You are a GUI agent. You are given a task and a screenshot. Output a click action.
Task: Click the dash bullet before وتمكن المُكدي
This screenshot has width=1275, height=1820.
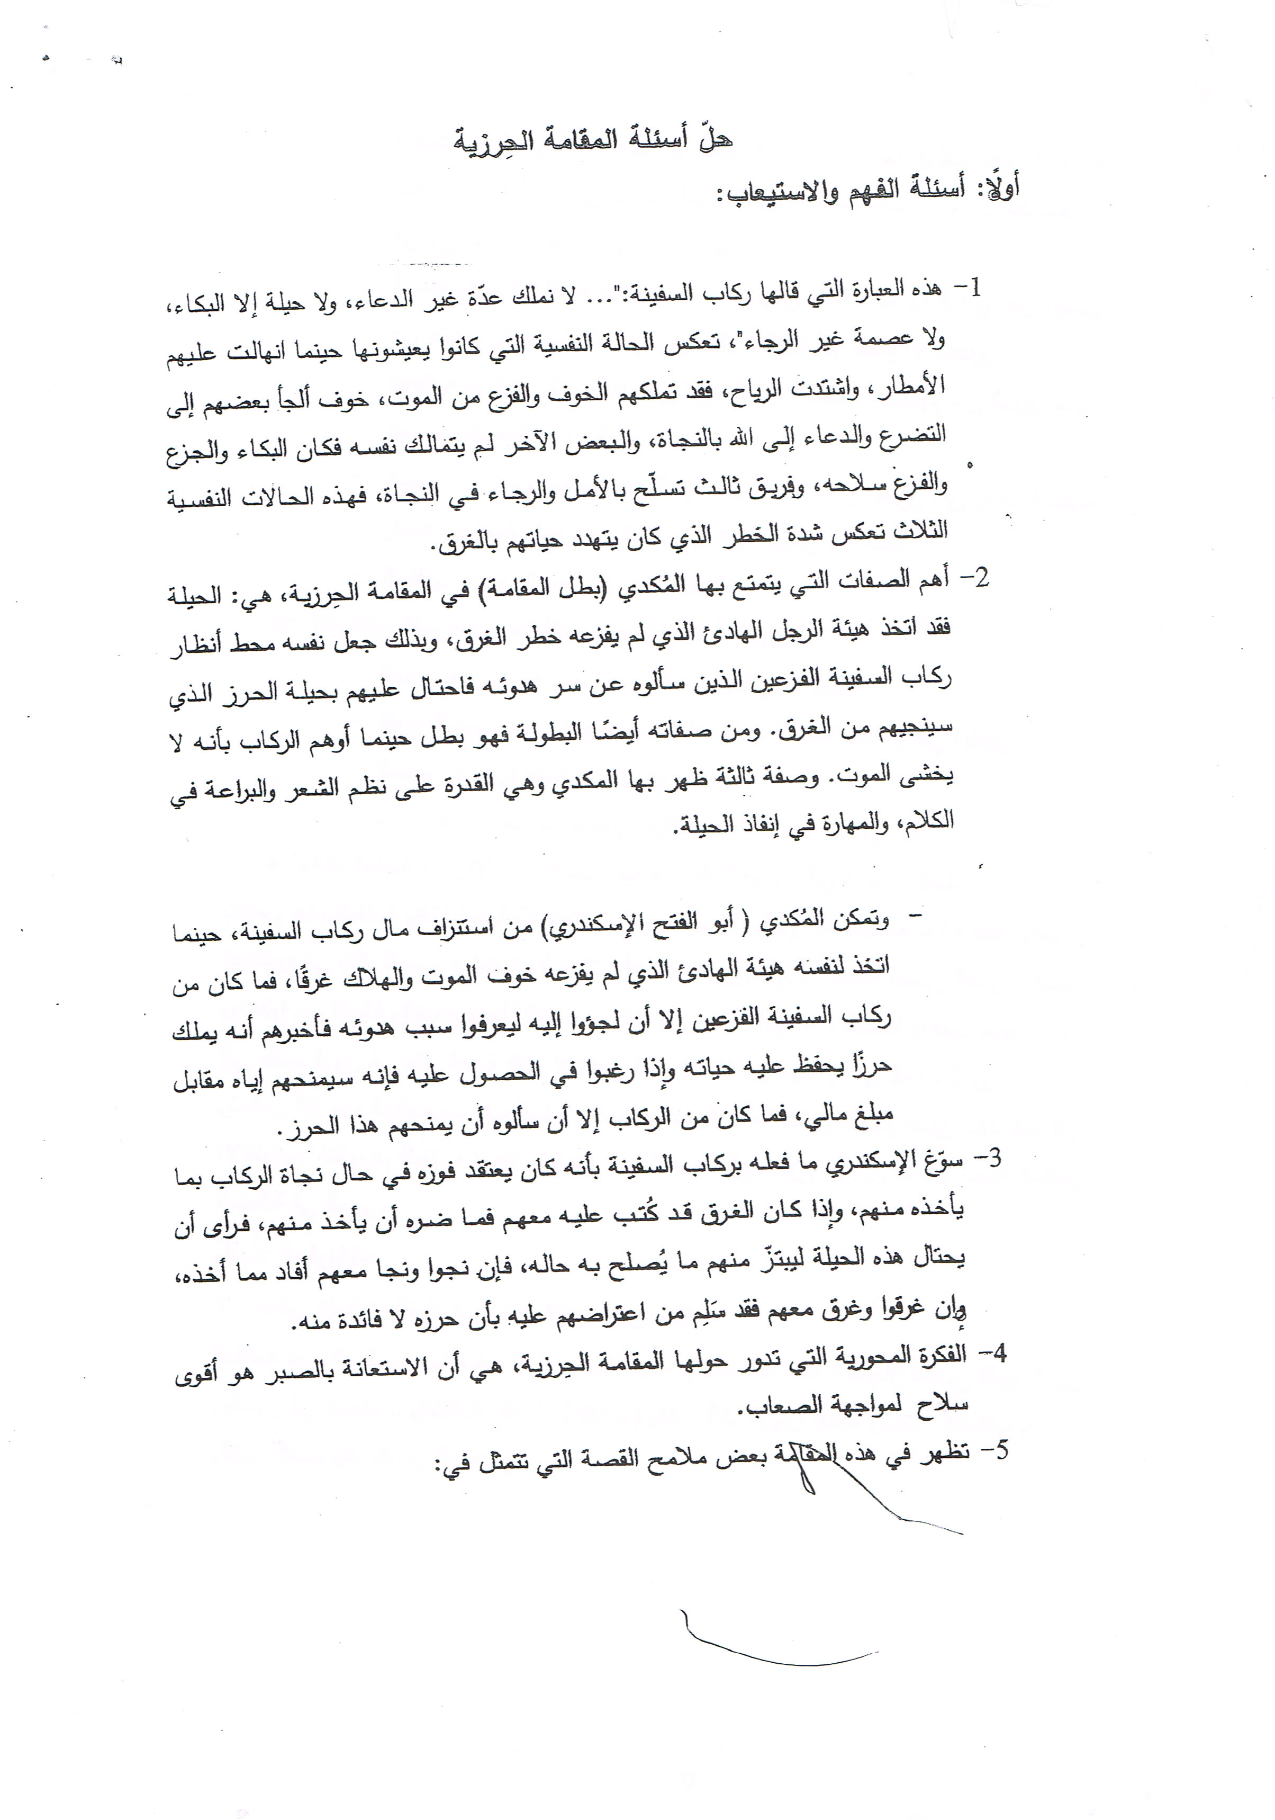point(919,917)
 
